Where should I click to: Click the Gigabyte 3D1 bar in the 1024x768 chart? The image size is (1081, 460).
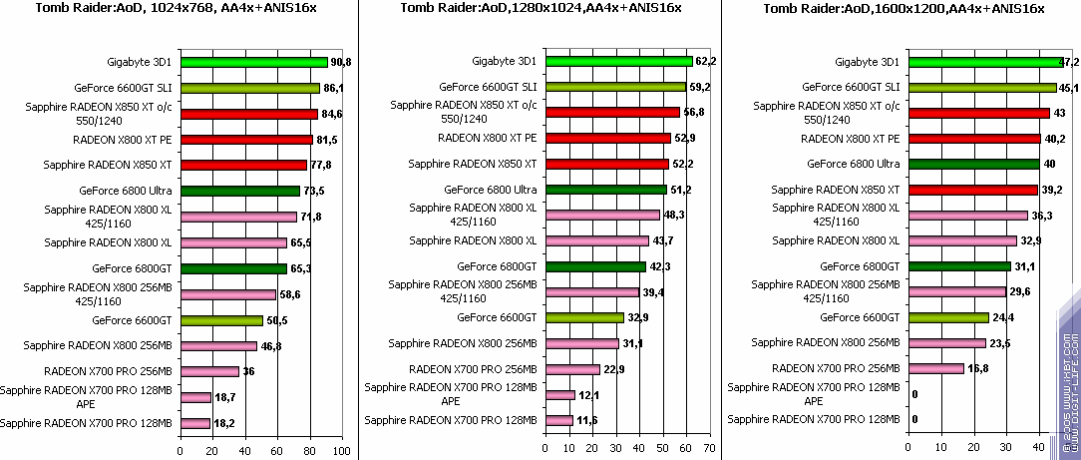click(x=253, y=62)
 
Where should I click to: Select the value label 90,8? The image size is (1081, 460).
click(x=340, y=62)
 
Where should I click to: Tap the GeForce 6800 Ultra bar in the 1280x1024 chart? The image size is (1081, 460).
click(x=605, y=189)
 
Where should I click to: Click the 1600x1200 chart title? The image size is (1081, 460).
click(x=902, y=9)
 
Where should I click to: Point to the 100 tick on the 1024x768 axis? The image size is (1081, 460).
click(x=342, y=451)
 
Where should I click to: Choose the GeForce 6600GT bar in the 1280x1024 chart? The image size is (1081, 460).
click(x=583, y=317)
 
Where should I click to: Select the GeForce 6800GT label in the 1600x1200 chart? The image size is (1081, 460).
click(x=860, y=266)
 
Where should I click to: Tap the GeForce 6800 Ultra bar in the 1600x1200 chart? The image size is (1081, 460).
click(x=971, y=164)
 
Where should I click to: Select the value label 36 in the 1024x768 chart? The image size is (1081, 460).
click(x=249, y=371)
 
